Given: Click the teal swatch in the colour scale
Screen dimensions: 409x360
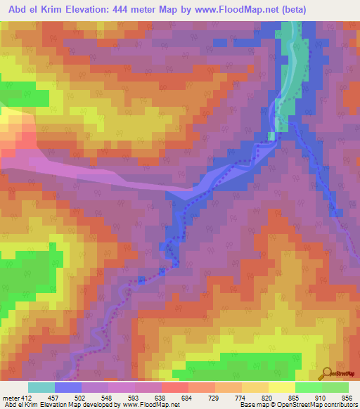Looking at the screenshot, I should pos(41,387).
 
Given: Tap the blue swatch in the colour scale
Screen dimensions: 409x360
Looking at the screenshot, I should pos(68,387).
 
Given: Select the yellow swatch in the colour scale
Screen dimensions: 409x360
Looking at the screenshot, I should pos(282,387).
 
